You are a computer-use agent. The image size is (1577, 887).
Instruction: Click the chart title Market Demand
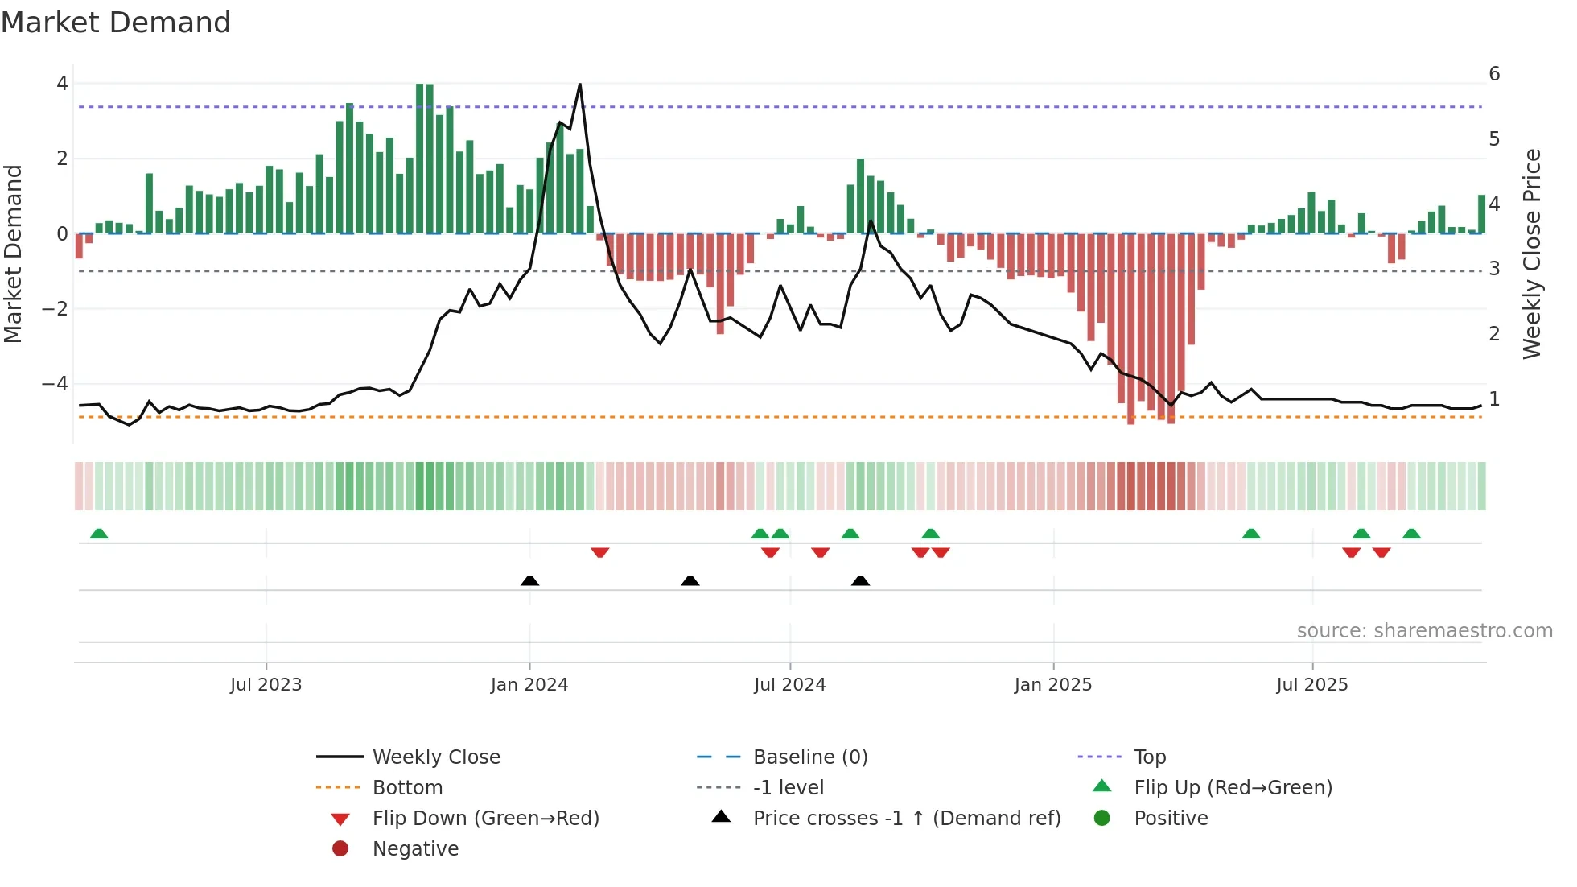(116, 23)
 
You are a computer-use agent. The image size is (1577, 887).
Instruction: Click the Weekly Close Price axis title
(1532, 254)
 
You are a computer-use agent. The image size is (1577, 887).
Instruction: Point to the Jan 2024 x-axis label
(529, 685)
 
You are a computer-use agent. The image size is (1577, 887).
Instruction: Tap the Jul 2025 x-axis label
(1311, 685)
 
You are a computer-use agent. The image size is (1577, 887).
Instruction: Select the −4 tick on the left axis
(56, 384)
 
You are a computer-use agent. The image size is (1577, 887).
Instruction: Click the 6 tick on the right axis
(1494, 74)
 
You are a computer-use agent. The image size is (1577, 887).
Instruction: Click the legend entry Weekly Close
(435, 757)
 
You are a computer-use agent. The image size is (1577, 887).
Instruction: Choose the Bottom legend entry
(407, 788)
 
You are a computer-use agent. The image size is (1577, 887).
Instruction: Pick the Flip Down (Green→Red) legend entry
(485, 819)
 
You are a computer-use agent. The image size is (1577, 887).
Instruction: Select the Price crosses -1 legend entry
(906, 819)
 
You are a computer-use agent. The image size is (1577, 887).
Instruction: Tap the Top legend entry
(1150, 757)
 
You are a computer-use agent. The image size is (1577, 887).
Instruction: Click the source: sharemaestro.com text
(1424, 631)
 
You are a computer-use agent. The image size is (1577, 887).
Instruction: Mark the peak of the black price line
(580, 84)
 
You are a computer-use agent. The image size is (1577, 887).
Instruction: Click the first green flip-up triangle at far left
(99, 534)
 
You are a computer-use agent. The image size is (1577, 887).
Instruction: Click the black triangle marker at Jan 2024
(529, 580)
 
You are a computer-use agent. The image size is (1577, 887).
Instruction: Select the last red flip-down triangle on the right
(1381, 552)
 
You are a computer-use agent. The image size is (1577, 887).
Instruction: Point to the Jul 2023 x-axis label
(266, 685)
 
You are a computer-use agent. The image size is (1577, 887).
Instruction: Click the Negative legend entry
(415, 849)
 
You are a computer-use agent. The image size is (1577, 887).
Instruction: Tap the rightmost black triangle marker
(860, 580)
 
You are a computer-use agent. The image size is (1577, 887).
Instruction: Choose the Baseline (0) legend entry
(809, 757)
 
